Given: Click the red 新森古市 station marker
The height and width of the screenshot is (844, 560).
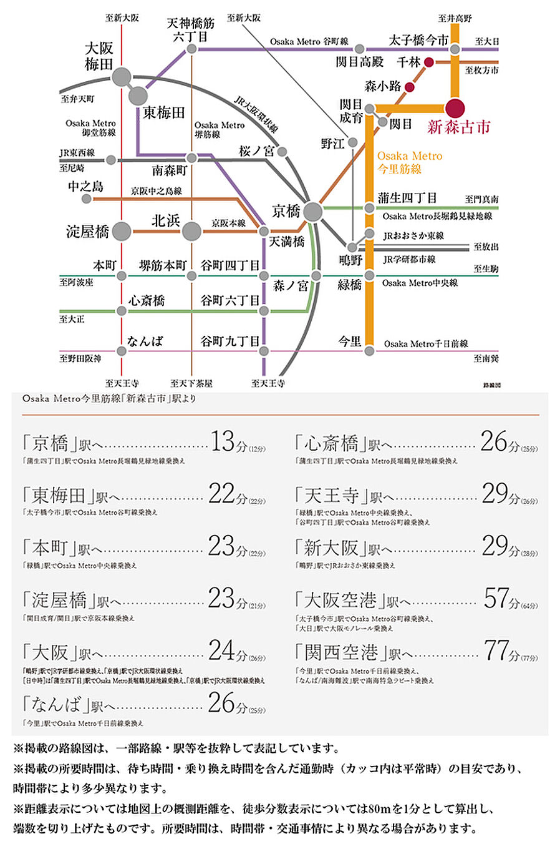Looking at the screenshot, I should click(x=455, y=107).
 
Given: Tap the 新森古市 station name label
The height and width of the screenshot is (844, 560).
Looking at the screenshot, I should click(x=458, y=128).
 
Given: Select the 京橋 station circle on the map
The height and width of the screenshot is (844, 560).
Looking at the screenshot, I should click(x=313, y=212).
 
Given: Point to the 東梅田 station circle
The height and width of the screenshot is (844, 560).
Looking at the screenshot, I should click(x=138, y=96).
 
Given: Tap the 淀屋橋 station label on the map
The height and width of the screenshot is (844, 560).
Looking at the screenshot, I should click(x=88, y=232).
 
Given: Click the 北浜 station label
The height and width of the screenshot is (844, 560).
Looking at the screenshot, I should click(x=165, y=220).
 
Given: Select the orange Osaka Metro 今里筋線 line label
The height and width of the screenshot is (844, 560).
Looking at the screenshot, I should click(x=409, y=162).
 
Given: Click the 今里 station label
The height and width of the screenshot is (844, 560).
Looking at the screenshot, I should click(x=350, y=341).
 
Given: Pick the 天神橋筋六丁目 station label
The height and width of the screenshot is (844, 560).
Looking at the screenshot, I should click(x=191, y=29).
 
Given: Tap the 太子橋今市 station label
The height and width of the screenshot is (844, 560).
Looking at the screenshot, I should click(x=418, y=41).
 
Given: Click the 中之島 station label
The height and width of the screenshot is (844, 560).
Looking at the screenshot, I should click(x=86, y=186).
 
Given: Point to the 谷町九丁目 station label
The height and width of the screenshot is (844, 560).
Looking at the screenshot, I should click(x=229, y=341).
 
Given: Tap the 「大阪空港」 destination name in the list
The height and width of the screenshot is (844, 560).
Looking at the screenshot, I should click(x=340, y=601).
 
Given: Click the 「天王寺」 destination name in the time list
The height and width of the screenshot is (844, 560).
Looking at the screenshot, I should click(x=331, y=496).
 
